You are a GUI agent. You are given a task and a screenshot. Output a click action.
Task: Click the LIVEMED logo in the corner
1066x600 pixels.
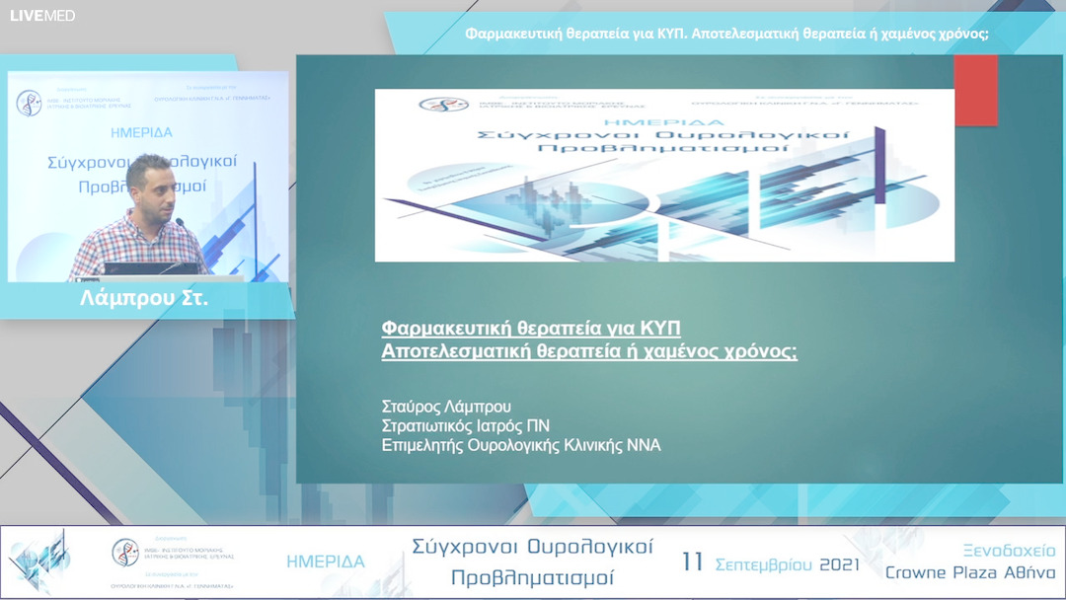point(42,15)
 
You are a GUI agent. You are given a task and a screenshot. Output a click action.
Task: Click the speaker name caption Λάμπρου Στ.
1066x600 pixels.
point(144,297)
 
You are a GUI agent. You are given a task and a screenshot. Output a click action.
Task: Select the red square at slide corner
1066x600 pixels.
point(975,90)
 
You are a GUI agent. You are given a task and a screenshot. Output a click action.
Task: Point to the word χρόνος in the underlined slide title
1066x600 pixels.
point(760,350)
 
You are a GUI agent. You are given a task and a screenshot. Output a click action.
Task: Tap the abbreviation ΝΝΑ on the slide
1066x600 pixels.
point(643,445)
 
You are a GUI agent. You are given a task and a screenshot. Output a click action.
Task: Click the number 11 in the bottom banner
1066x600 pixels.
point(693,562)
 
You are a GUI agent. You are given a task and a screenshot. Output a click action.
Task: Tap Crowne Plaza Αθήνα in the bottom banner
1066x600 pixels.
point(970,573)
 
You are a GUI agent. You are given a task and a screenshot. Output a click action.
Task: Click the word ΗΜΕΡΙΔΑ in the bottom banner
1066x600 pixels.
point(326,562)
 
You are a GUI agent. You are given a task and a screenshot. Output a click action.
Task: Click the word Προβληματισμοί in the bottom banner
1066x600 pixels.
point(532,577)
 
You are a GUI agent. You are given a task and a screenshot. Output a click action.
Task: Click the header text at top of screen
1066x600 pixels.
point(726,35)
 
